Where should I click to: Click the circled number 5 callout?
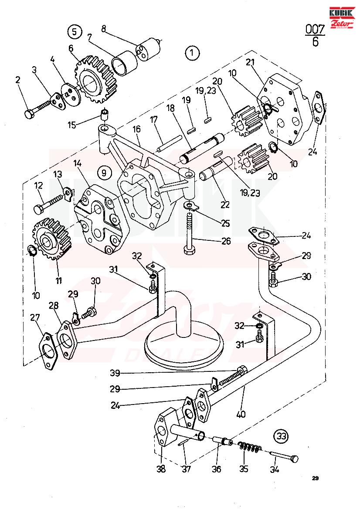click(x=75, y=31)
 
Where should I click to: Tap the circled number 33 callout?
click(x=282, y=436)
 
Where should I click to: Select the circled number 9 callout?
click(x=104, y=172)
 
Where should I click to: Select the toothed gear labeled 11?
click(x=52, y=238)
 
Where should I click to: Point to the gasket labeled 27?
click(x=49, y=351)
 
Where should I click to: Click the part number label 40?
click(x=241, y=414)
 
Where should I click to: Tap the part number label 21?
click(x=250, y=62)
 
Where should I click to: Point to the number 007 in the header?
click(x=315, y=30)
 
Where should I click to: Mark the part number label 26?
click(x=226, y=241)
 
